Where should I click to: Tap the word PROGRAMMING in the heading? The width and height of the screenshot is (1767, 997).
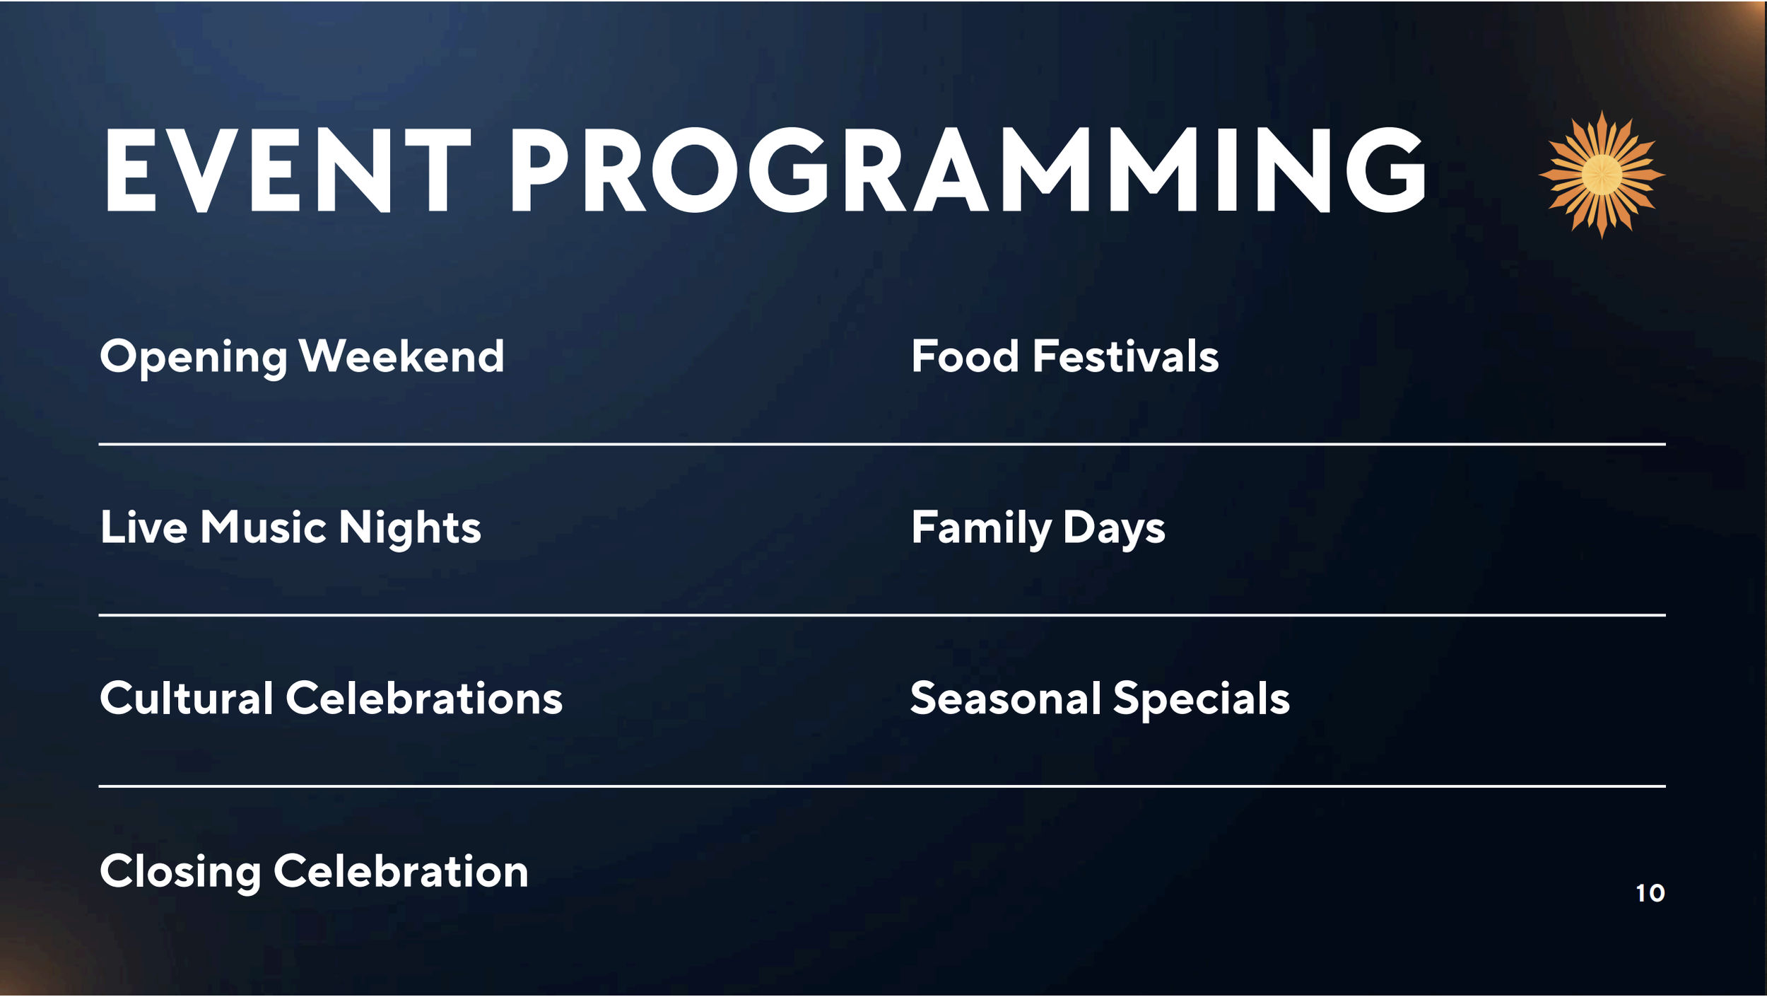click(968, 170)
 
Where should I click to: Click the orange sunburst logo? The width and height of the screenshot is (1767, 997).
click(1602, 175)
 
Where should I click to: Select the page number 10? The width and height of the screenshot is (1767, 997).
click(1650, 893)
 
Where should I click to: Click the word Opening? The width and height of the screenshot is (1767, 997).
click(194, 358)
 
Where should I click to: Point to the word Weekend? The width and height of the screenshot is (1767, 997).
click(401, 356)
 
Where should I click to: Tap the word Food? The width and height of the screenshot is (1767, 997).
click(965, 356)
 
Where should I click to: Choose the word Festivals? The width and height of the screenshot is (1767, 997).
click(1126, 356)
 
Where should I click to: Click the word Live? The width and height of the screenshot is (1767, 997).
click(144, 527)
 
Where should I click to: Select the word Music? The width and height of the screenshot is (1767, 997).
click(263, 527)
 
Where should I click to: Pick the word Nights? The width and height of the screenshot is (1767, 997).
click(410, 529)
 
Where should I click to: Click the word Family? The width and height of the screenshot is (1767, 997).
click(981, 530)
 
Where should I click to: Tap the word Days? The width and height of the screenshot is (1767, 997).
click(1114, 530)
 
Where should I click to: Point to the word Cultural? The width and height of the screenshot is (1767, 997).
click(187, 699)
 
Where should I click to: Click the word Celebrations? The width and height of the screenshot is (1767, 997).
click(424, 699)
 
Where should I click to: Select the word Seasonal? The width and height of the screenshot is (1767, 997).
click(1005, 699)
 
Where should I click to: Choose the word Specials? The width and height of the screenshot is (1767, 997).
click(1202, 701)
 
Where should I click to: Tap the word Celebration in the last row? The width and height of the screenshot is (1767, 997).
click(401, 870)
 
